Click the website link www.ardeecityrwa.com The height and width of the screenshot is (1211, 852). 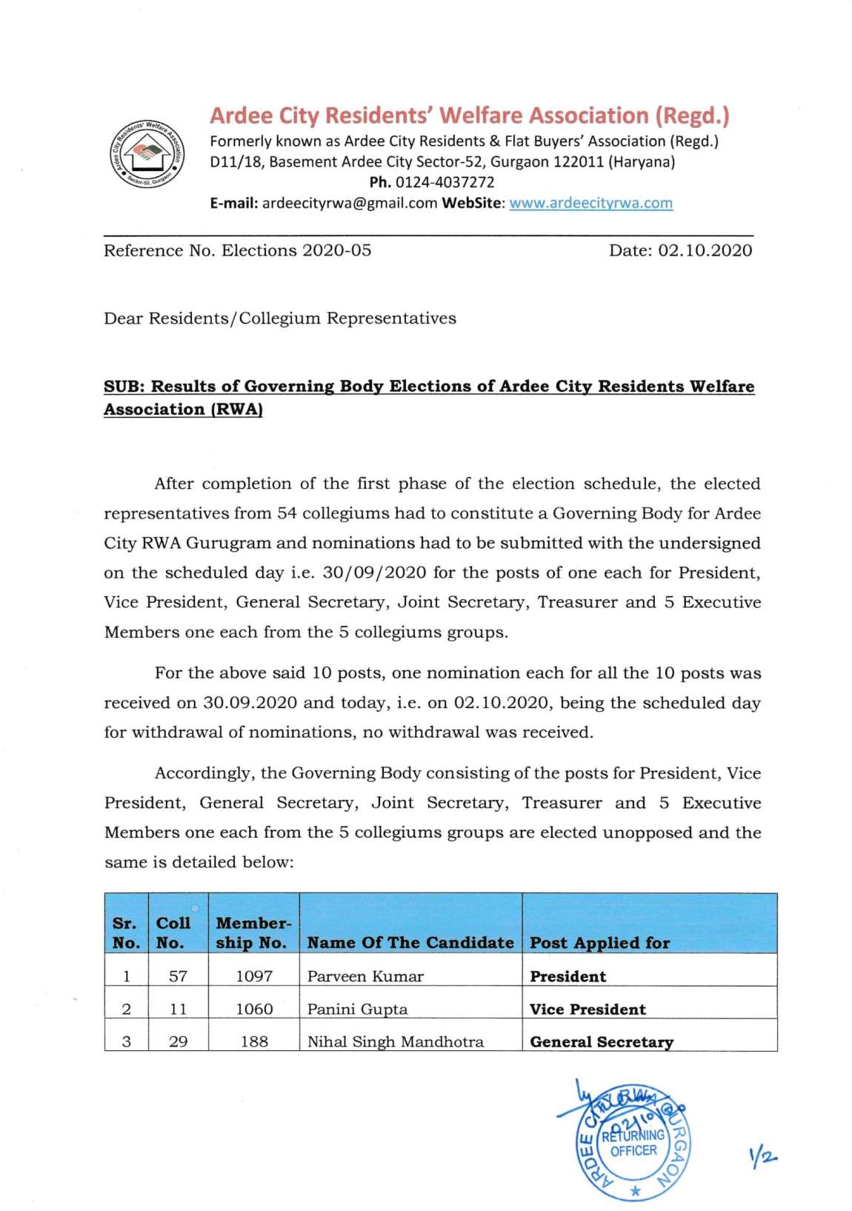pyautogui.click(x=591, y=203)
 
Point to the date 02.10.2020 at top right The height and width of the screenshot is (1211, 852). pyautogui.click(x=705, y=250)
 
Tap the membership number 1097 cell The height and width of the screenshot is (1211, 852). pyautogui.click(x=254, y=976)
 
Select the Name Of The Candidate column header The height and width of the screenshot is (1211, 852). pyautogui.click(x=410, y=942)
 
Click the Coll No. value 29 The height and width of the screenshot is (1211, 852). pyautogui.click(x=178, y=1041)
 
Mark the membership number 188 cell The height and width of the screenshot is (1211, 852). pyautogui.click(x=254, y=1041)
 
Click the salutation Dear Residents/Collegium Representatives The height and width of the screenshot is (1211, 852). pyautogui.click(x=280, y=318)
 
